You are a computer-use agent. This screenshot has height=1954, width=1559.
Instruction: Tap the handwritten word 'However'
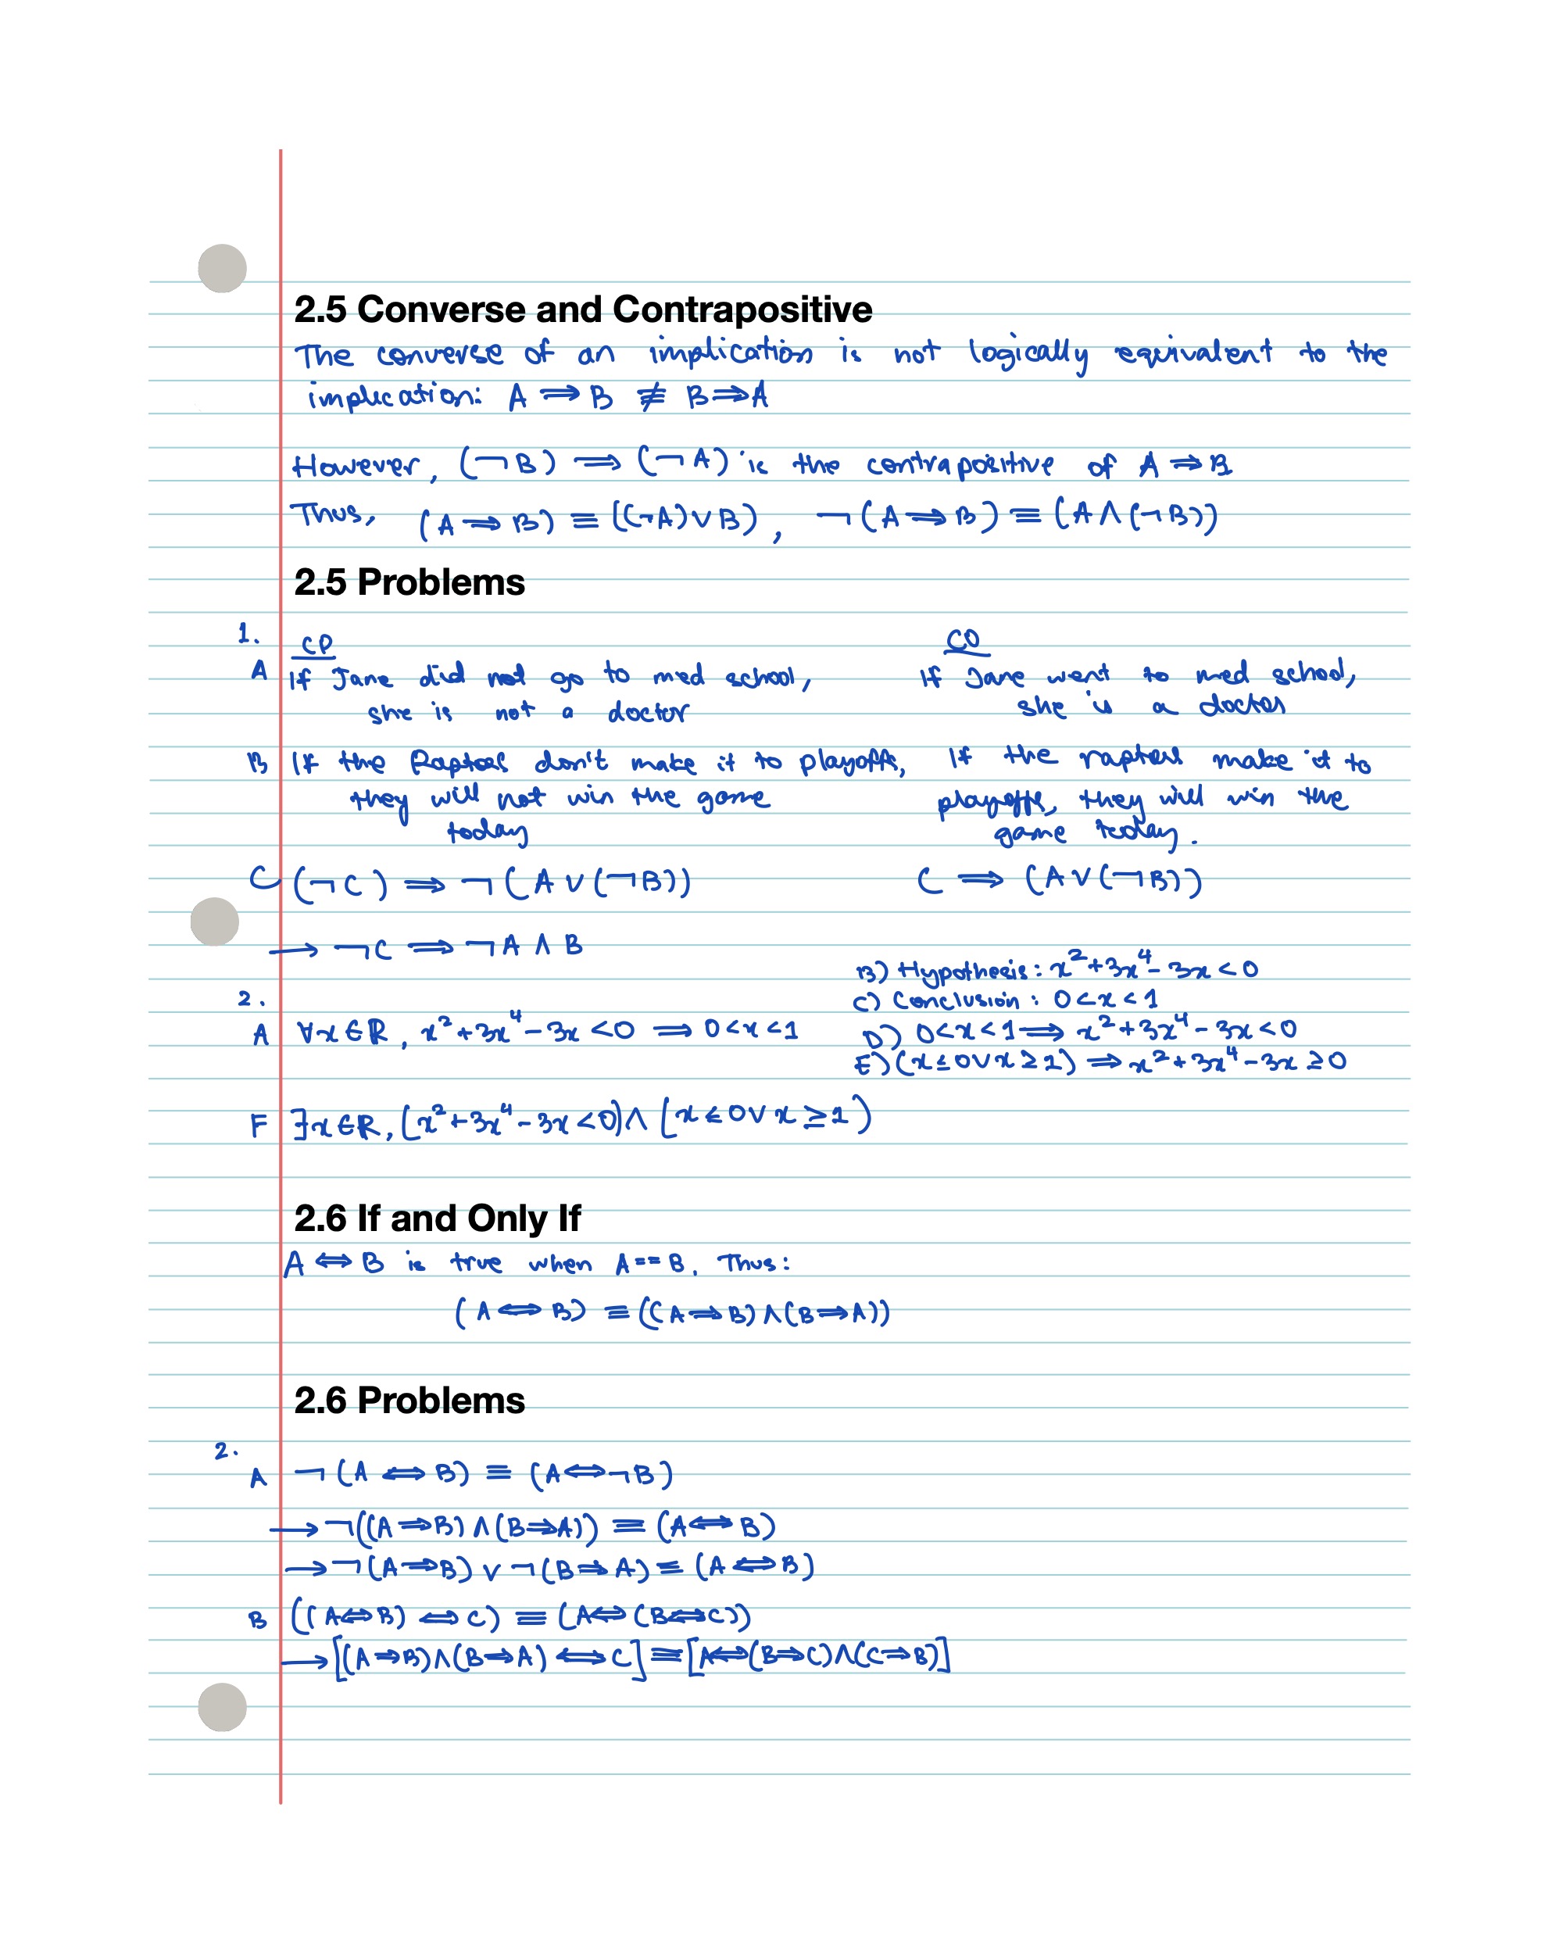(356, 466)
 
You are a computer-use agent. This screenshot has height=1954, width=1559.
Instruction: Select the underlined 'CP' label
(316, 644)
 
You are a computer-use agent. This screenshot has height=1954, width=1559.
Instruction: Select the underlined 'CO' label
(964, 641)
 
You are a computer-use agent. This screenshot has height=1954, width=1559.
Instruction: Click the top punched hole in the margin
(222, 268)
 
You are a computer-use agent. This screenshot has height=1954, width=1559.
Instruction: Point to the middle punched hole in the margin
(215, 922)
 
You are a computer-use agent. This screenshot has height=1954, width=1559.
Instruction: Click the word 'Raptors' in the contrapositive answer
(459, 761)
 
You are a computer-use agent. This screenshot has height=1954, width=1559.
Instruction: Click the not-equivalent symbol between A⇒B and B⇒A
(651, 397)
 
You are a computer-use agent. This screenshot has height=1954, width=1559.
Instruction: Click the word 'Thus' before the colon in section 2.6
(748, 1263)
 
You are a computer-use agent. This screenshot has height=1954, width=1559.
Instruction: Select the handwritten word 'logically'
(1028, 354)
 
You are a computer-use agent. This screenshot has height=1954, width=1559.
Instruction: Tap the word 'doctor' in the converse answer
(1241, 705)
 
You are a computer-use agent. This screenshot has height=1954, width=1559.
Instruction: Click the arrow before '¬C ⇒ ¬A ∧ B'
(294, 950)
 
